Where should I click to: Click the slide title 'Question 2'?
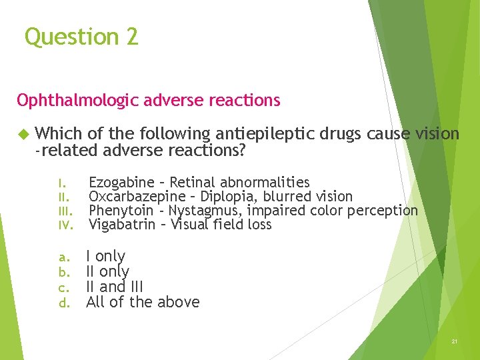click(81, 37)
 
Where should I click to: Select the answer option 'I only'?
click(105, 256)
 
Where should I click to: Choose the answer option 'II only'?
click(107, 271)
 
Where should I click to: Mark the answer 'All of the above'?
click(143, 302)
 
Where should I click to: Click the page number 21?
click(454, 341)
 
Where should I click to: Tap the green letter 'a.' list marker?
click(64, 257)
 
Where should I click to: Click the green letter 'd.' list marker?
click(64, 303)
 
